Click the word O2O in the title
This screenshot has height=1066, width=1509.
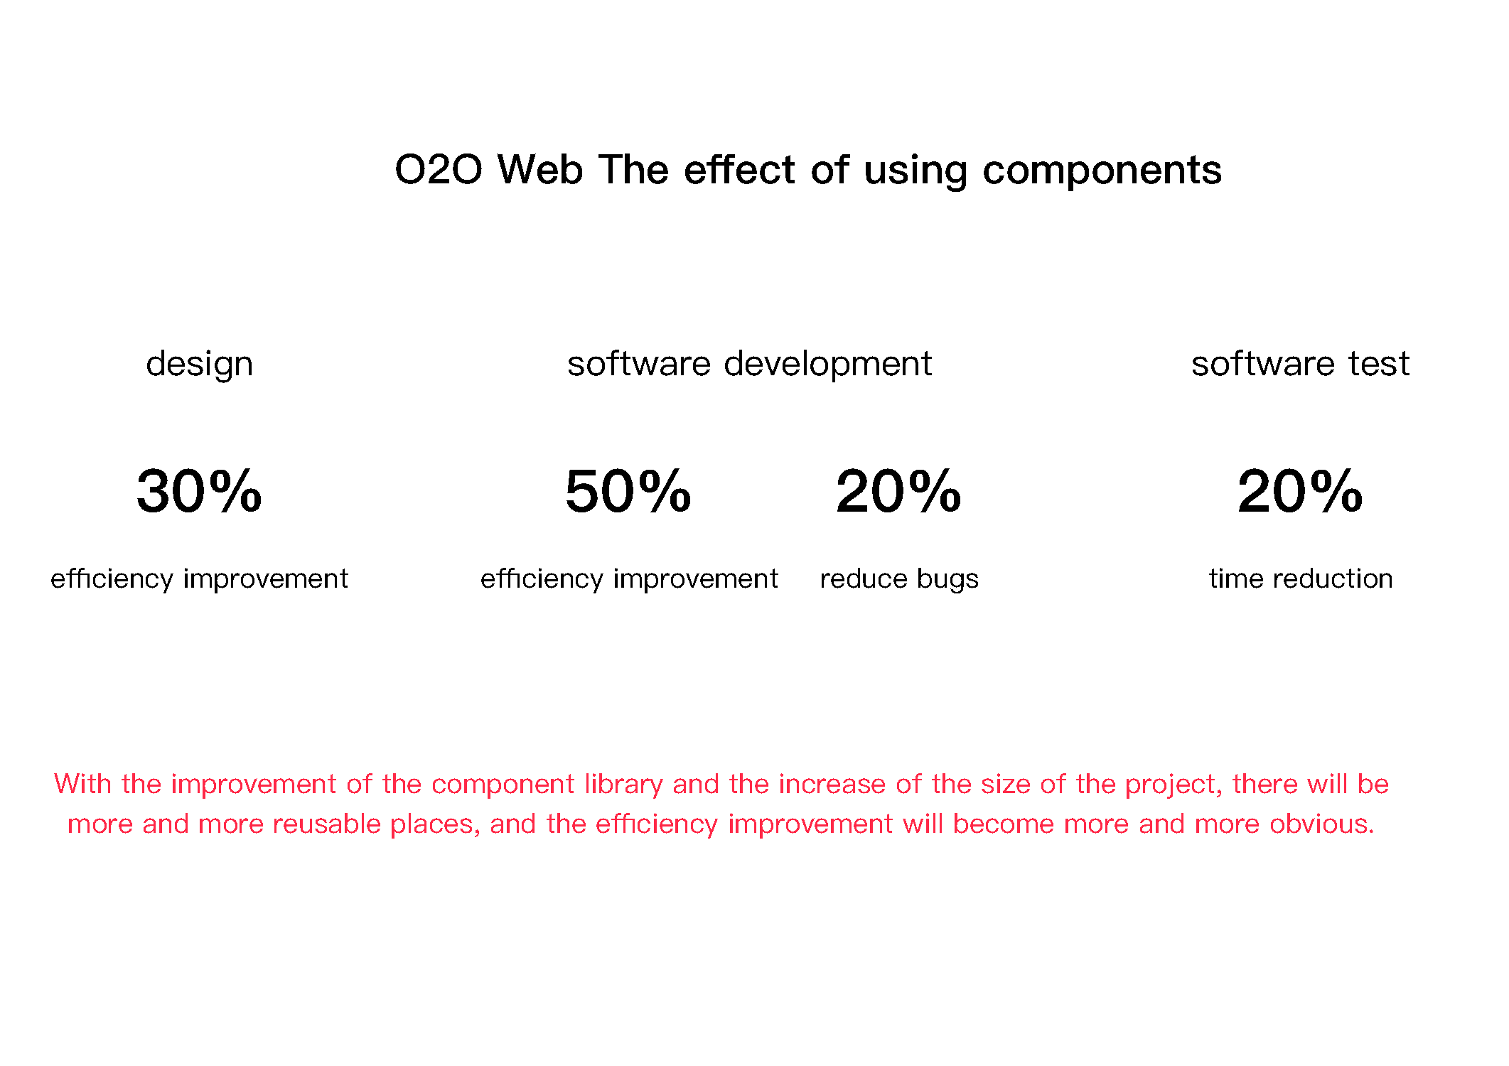pyautogui.click(x=438, y=170)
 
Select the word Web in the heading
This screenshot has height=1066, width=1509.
pyautogui.click(x=539, y=170)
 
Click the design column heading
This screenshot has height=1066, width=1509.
pyautogui.click(x=199, y=365)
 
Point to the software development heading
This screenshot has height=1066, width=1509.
pyautogui.click(x=748, y=365)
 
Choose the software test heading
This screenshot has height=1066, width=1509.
pyautogui.click(x=1299, y=364)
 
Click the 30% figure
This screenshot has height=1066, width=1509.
pyautogui.click(x=199, y=491)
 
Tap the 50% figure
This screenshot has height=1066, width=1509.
pyautogui.click(x=628, y=491)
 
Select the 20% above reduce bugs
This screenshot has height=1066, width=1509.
pyautogui.click(x=898, y=491)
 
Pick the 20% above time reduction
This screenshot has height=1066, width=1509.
pyautogui.click(x=1299, y=491)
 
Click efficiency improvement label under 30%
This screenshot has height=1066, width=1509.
pyautogui.click(x=199, y=579)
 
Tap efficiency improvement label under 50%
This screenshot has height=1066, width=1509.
pyautogui.click(x=629, y=579)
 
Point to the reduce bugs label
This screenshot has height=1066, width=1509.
pyautogui.click(x=898, y=579)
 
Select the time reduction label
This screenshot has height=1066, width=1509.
pyautogui.click(x=1300, y=578)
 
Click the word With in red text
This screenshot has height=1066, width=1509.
pyautogui.click(x=82, y=784)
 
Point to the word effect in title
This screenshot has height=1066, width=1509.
pyautogui.click(x=739, y=170)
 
